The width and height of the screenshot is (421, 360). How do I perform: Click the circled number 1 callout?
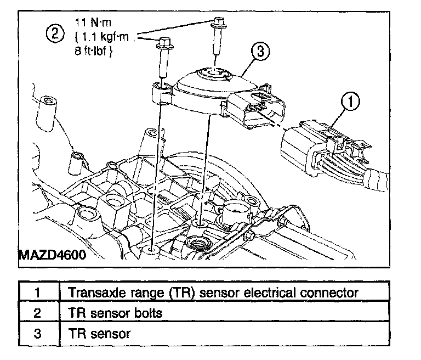350,102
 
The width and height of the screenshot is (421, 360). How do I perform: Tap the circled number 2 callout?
55,34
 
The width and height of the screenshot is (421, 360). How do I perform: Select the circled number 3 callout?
260,52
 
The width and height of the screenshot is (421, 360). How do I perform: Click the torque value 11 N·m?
93,22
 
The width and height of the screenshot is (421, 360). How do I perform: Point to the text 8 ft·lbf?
93,51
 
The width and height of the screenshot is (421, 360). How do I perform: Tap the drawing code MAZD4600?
53,255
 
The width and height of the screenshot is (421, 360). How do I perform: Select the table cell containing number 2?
39,311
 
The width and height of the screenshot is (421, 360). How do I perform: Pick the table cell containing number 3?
39,333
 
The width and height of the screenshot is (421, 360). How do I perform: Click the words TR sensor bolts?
116,313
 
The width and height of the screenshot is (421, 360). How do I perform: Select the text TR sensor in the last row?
100,334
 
